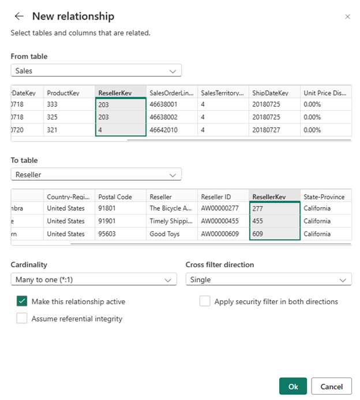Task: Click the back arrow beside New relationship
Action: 19,16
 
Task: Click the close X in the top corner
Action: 347,17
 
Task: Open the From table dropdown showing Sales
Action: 96,70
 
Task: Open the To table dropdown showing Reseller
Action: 96,174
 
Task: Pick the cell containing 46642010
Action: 171,130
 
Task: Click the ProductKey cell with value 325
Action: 69,117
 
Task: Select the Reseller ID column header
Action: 222,196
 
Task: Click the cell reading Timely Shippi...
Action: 171,221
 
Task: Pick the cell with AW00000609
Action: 222,234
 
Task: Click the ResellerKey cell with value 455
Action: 274,221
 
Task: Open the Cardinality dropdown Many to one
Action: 93,279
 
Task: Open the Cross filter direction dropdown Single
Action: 268,279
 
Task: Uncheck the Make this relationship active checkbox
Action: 22,301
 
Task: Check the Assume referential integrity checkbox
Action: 22,318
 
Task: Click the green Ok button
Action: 293,387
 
